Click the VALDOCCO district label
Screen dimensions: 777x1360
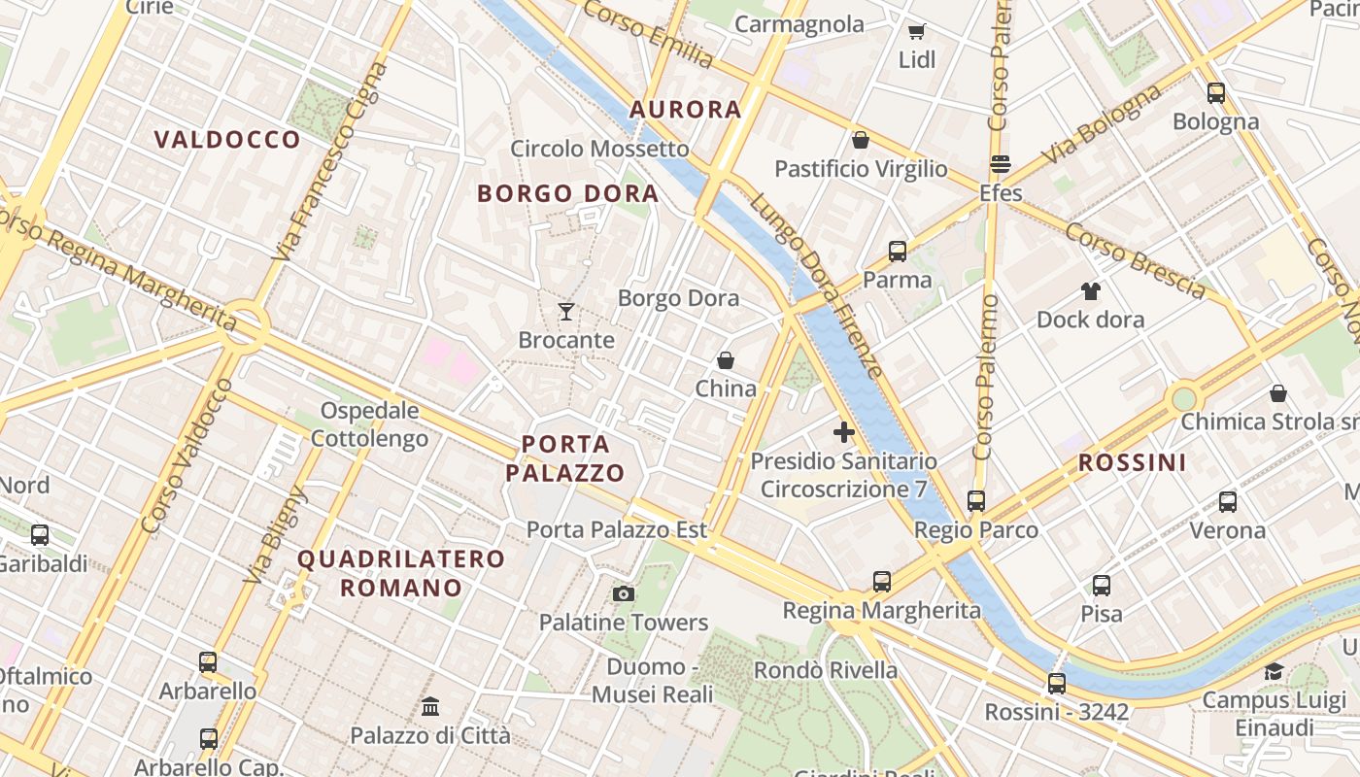[x=227, y=140]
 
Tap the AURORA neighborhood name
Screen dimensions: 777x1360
[x=686, y=109]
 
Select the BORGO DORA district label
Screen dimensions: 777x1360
[x=567, y=193]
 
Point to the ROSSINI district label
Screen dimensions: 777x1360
[x=1133, y=462]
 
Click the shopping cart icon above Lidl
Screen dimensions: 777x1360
[x=916, y=32]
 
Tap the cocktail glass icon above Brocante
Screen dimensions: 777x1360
[x=566, y=312]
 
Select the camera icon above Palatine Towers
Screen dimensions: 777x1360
[x=624, y=593]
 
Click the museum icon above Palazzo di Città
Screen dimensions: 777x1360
[x=430, y=706]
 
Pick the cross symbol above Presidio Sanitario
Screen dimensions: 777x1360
[x=843, y=432]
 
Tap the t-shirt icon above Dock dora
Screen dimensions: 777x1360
[x=1090, y=290]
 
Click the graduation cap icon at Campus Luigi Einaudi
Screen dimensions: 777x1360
[x=1274, y=671]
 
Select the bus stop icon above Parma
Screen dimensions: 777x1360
[x=898, y=252]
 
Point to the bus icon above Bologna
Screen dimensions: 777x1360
[x=1216, y=93]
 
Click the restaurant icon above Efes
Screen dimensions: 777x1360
[x=1001, y=164]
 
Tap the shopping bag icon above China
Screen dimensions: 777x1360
[x=726, y=360]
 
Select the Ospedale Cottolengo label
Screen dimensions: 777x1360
[x=370, y=424]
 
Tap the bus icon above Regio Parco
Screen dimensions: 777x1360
[x=976, y=501]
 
